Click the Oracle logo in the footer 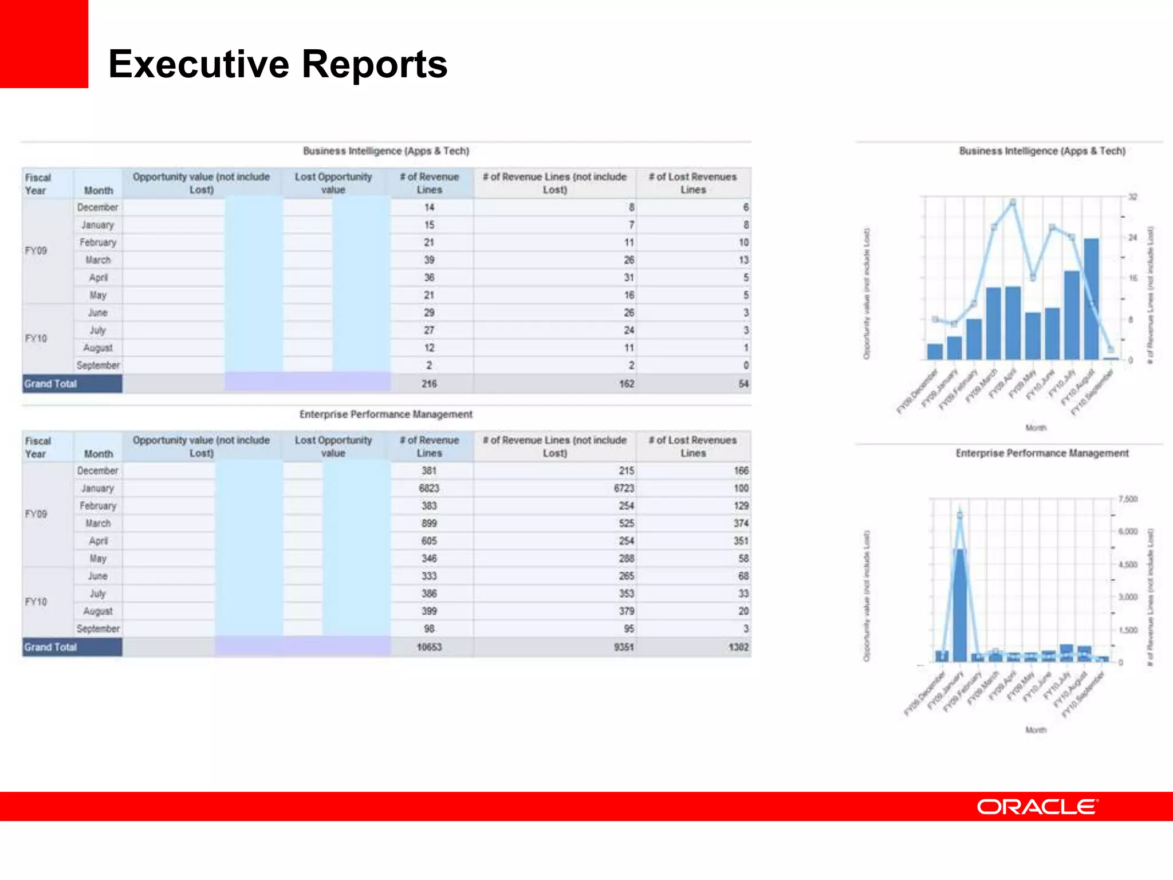point(1037,807)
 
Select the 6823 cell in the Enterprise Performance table point(429,488)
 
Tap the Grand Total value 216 point(429,384)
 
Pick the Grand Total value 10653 point(429,647)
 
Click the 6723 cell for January point(624,488)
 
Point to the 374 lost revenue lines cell point(741,524)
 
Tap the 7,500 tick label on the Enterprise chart point(1128,500)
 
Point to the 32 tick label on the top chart point(1132,197)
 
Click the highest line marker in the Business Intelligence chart point(1013,203)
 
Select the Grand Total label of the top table point(50,384)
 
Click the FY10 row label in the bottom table point(36,602)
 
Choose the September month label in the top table point(98,366)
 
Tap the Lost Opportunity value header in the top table point(333,183)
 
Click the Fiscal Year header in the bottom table point(38,447)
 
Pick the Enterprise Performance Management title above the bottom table point(386,414)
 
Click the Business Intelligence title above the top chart point(1042,151)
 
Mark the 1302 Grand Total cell point(738,647)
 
